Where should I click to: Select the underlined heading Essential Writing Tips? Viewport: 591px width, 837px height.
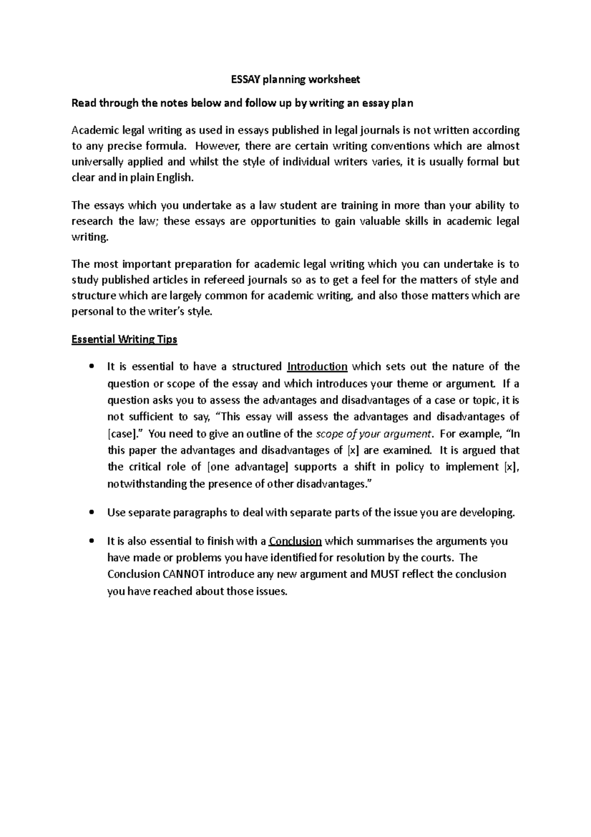tap(124, 340)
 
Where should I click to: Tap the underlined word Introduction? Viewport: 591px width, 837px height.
tap(317, 367)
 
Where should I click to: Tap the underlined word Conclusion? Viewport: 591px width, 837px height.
tap(295, 541)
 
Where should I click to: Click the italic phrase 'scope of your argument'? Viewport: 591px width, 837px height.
tap(374, 434)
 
